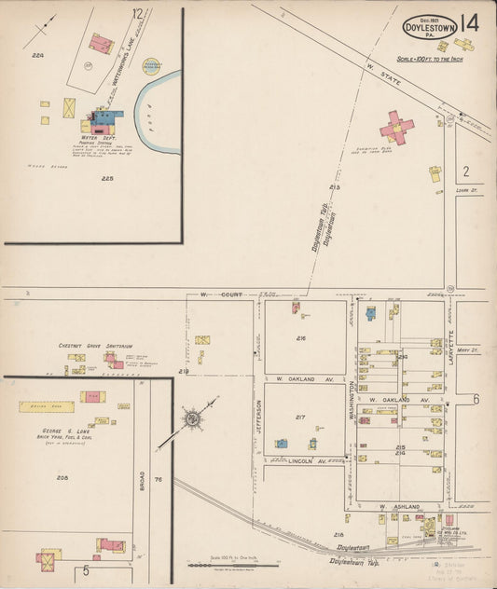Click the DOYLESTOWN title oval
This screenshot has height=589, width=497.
point(430,26)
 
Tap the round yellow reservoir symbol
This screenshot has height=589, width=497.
point(150,65)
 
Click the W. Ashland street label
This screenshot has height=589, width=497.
point(395,506)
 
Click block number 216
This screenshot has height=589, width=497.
point(301,338)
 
